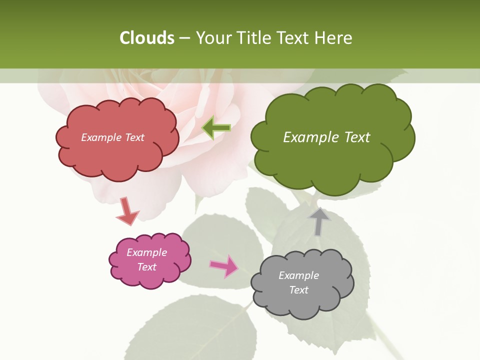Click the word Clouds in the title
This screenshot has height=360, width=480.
click(x=147, y=38)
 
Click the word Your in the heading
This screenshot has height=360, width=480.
click(x=213, y=38)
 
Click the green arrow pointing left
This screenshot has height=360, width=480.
click(x=216, y=128)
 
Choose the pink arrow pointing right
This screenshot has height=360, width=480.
click(x=223, y=266)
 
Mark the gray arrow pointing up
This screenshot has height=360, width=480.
click(x=319, y=221)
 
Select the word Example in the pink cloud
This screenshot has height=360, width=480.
click(x=147, y=252)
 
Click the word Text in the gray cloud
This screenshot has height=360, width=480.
click(x=299, y=290)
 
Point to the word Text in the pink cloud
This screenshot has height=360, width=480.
click(x=147, y=267)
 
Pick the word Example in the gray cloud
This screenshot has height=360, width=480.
click(x=299, y=275)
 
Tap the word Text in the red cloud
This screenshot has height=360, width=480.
click(x=134, y=137)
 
